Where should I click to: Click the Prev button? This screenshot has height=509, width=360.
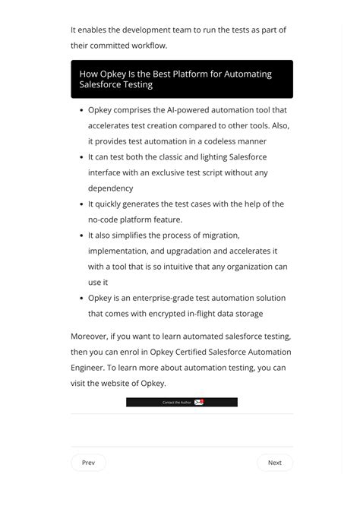click(88, 463)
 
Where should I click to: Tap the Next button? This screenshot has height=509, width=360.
click(274, 463)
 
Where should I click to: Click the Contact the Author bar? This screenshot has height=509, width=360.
click(182, 402)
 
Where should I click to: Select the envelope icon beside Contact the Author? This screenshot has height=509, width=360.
click(199, 402)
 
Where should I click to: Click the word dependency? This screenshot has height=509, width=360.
click(110, 188)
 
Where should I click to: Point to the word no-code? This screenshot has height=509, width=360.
click(105, 220)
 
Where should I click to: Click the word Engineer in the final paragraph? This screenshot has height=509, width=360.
click(87, 368)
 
